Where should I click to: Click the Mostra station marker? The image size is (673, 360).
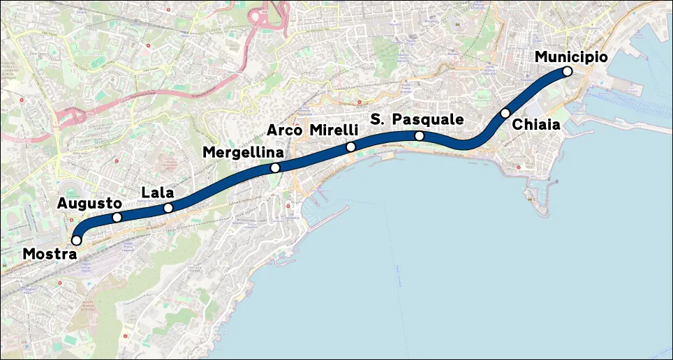tap(77, 240)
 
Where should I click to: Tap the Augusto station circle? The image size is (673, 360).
tap(117, 218)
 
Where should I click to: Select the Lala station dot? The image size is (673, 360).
tap(168, 208)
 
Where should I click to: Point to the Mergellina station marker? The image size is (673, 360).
tap(276, 167)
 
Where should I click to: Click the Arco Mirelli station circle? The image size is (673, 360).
tap(350, 147)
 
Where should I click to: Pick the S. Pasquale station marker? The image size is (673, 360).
tap(419, 135)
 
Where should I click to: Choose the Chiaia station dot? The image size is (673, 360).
tap(505, 113)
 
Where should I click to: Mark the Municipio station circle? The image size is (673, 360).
tap(567, 71)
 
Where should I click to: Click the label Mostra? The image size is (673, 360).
tap(49, 255)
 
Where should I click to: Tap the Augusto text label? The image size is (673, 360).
tap(89, 203)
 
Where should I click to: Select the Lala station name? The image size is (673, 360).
tap(157, 192)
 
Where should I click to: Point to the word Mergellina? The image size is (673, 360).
tap(244, 152)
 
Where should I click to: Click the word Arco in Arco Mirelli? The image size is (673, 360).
tap(285, 130)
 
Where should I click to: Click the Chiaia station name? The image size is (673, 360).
tap(536, 125)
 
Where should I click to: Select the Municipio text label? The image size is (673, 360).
tap(571, 57)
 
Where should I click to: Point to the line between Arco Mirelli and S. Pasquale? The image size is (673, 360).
tap(384, 138)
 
